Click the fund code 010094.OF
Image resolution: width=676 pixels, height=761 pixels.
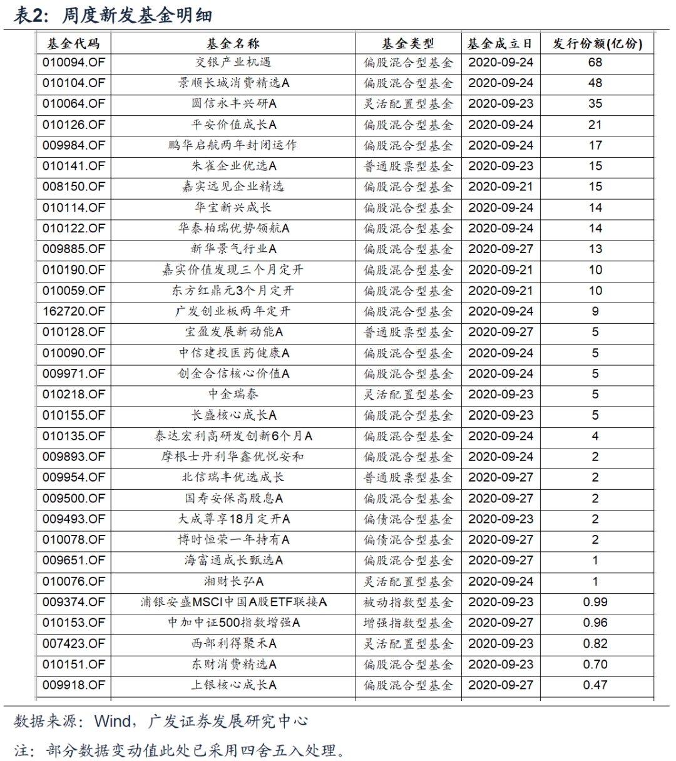(74, 63)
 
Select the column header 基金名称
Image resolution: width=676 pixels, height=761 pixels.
(233, 44)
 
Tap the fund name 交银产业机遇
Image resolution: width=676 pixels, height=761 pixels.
(233, 63)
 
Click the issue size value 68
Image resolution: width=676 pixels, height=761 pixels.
(595, 63)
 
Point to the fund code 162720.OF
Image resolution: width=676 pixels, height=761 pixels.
(74, 311)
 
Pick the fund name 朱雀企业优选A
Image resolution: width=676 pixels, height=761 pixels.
(233, 166)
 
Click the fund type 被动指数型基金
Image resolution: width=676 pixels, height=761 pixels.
(408, 603)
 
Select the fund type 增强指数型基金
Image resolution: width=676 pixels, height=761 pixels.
(408, 623)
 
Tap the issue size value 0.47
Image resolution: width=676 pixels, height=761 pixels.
(595, 685)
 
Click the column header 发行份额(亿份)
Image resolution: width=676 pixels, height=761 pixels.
(597, 44)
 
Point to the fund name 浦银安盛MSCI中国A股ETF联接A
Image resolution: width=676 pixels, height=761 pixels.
(233, 603)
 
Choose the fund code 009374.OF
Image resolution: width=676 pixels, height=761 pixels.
(74, 603)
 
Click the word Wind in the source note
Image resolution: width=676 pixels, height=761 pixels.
(112, 722)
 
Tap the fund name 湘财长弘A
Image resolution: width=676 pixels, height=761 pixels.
(233, 582)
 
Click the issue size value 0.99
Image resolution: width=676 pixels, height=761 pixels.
(595, 603)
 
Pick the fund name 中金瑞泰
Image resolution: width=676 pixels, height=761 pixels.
(233, 395)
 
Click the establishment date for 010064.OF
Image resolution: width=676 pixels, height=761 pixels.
(501, 104)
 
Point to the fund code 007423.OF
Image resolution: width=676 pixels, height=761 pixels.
(74, 644)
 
